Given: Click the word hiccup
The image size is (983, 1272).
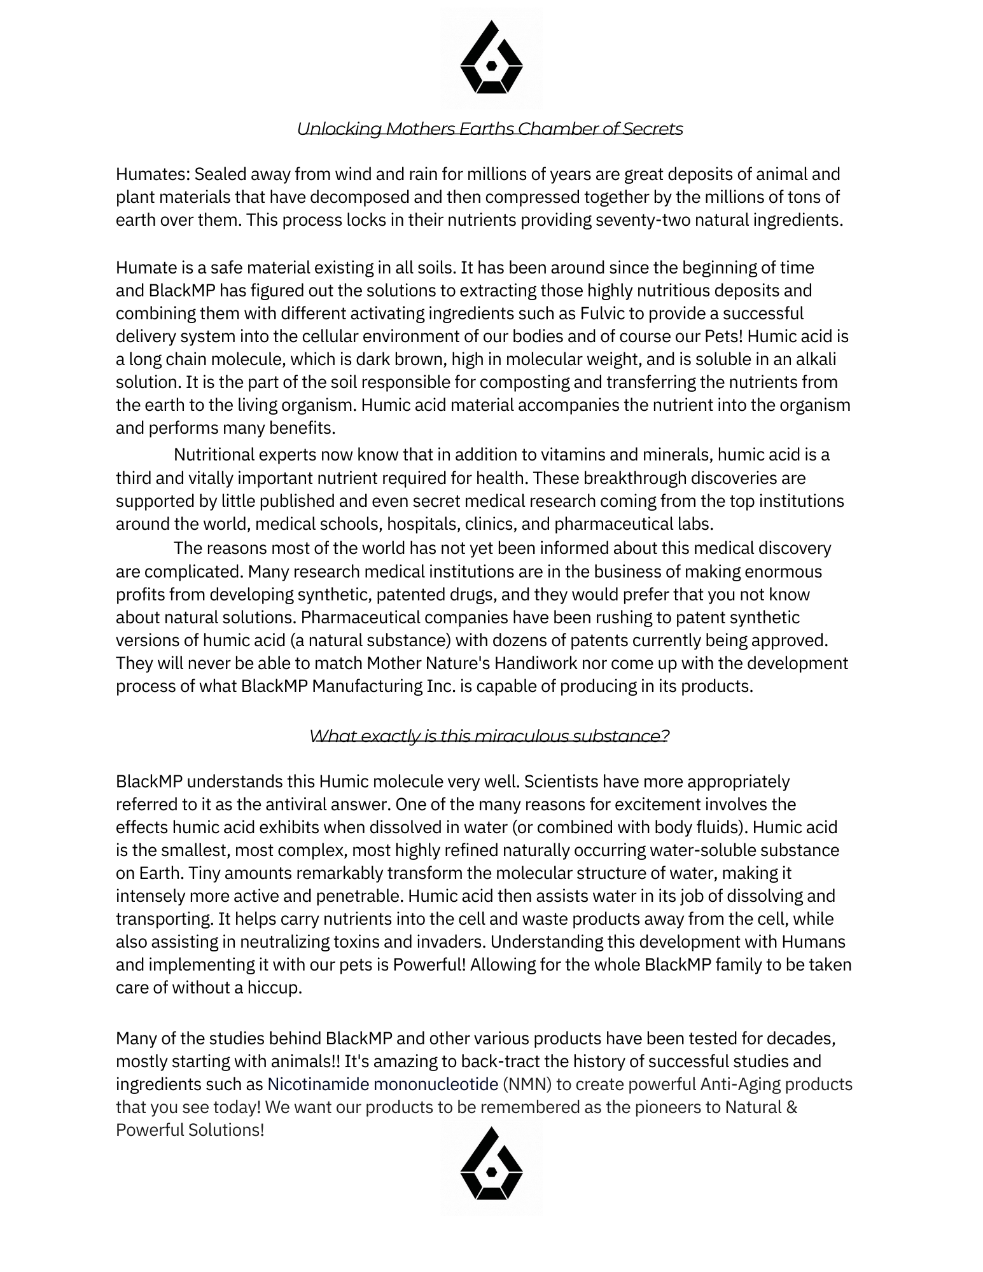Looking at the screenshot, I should (273, 988).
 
